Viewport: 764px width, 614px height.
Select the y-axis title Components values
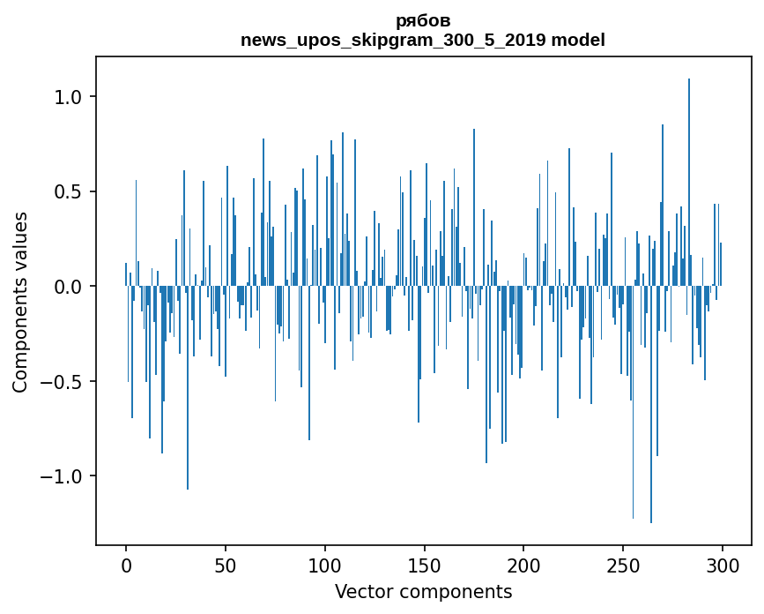(20, 302)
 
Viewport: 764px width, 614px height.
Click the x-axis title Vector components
(423, 591)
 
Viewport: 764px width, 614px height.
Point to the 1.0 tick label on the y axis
(68, 96)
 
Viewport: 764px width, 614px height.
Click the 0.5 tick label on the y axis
(68, 191)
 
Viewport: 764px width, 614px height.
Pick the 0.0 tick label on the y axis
(68, 287)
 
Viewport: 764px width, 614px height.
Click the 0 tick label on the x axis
(126, 565)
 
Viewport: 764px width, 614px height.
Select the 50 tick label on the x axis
(226, 565)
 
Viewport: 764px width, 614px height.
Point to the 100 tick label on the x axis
(325, 565)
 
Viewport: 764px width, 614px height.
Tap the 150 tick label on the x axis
(424, 565)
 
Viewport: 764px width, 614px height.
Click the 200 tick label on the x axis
(523, 565)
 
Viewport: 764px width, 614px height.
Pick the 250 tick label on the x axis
(623, 565)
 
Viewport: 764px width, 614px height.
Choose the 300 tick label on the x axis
(723, 565)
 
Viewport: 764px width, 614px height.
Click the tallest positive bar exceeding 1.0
(689, 176)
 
